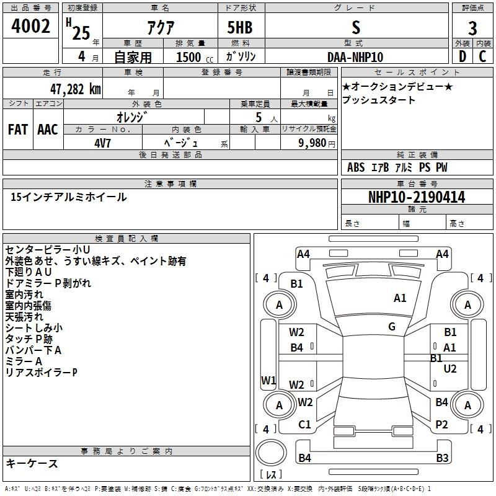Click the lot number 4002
(x=30, y=26)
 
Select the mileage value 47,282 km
(x=76, y=89)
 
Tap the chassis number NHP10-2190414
(x=417, y=197)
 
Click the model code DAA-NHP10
(x=355, y=57)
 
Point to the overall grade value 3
(x=472, y=28)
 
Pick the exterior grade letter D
(x=463, y=56)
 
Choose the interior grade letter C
(x=482, y=56)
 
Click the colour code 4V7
(x=102, y=143)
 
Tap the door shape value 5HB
(x=240, y=27)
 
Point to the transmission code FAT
(x=18, y=130)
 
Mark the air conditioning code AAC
(x=48, y=130)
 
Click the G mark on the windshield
(x=392, y=327)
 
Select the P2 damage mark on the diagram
(x=441, y=425)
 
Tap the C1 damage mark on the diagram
(x=304, y=425)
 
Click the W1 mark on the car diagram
(x=268, y=380)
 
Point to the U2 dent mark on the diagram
(x=450, y=369)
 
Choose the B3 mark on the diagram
(x=442, y=458)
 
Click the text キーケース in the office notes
(x=32, y=464)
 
